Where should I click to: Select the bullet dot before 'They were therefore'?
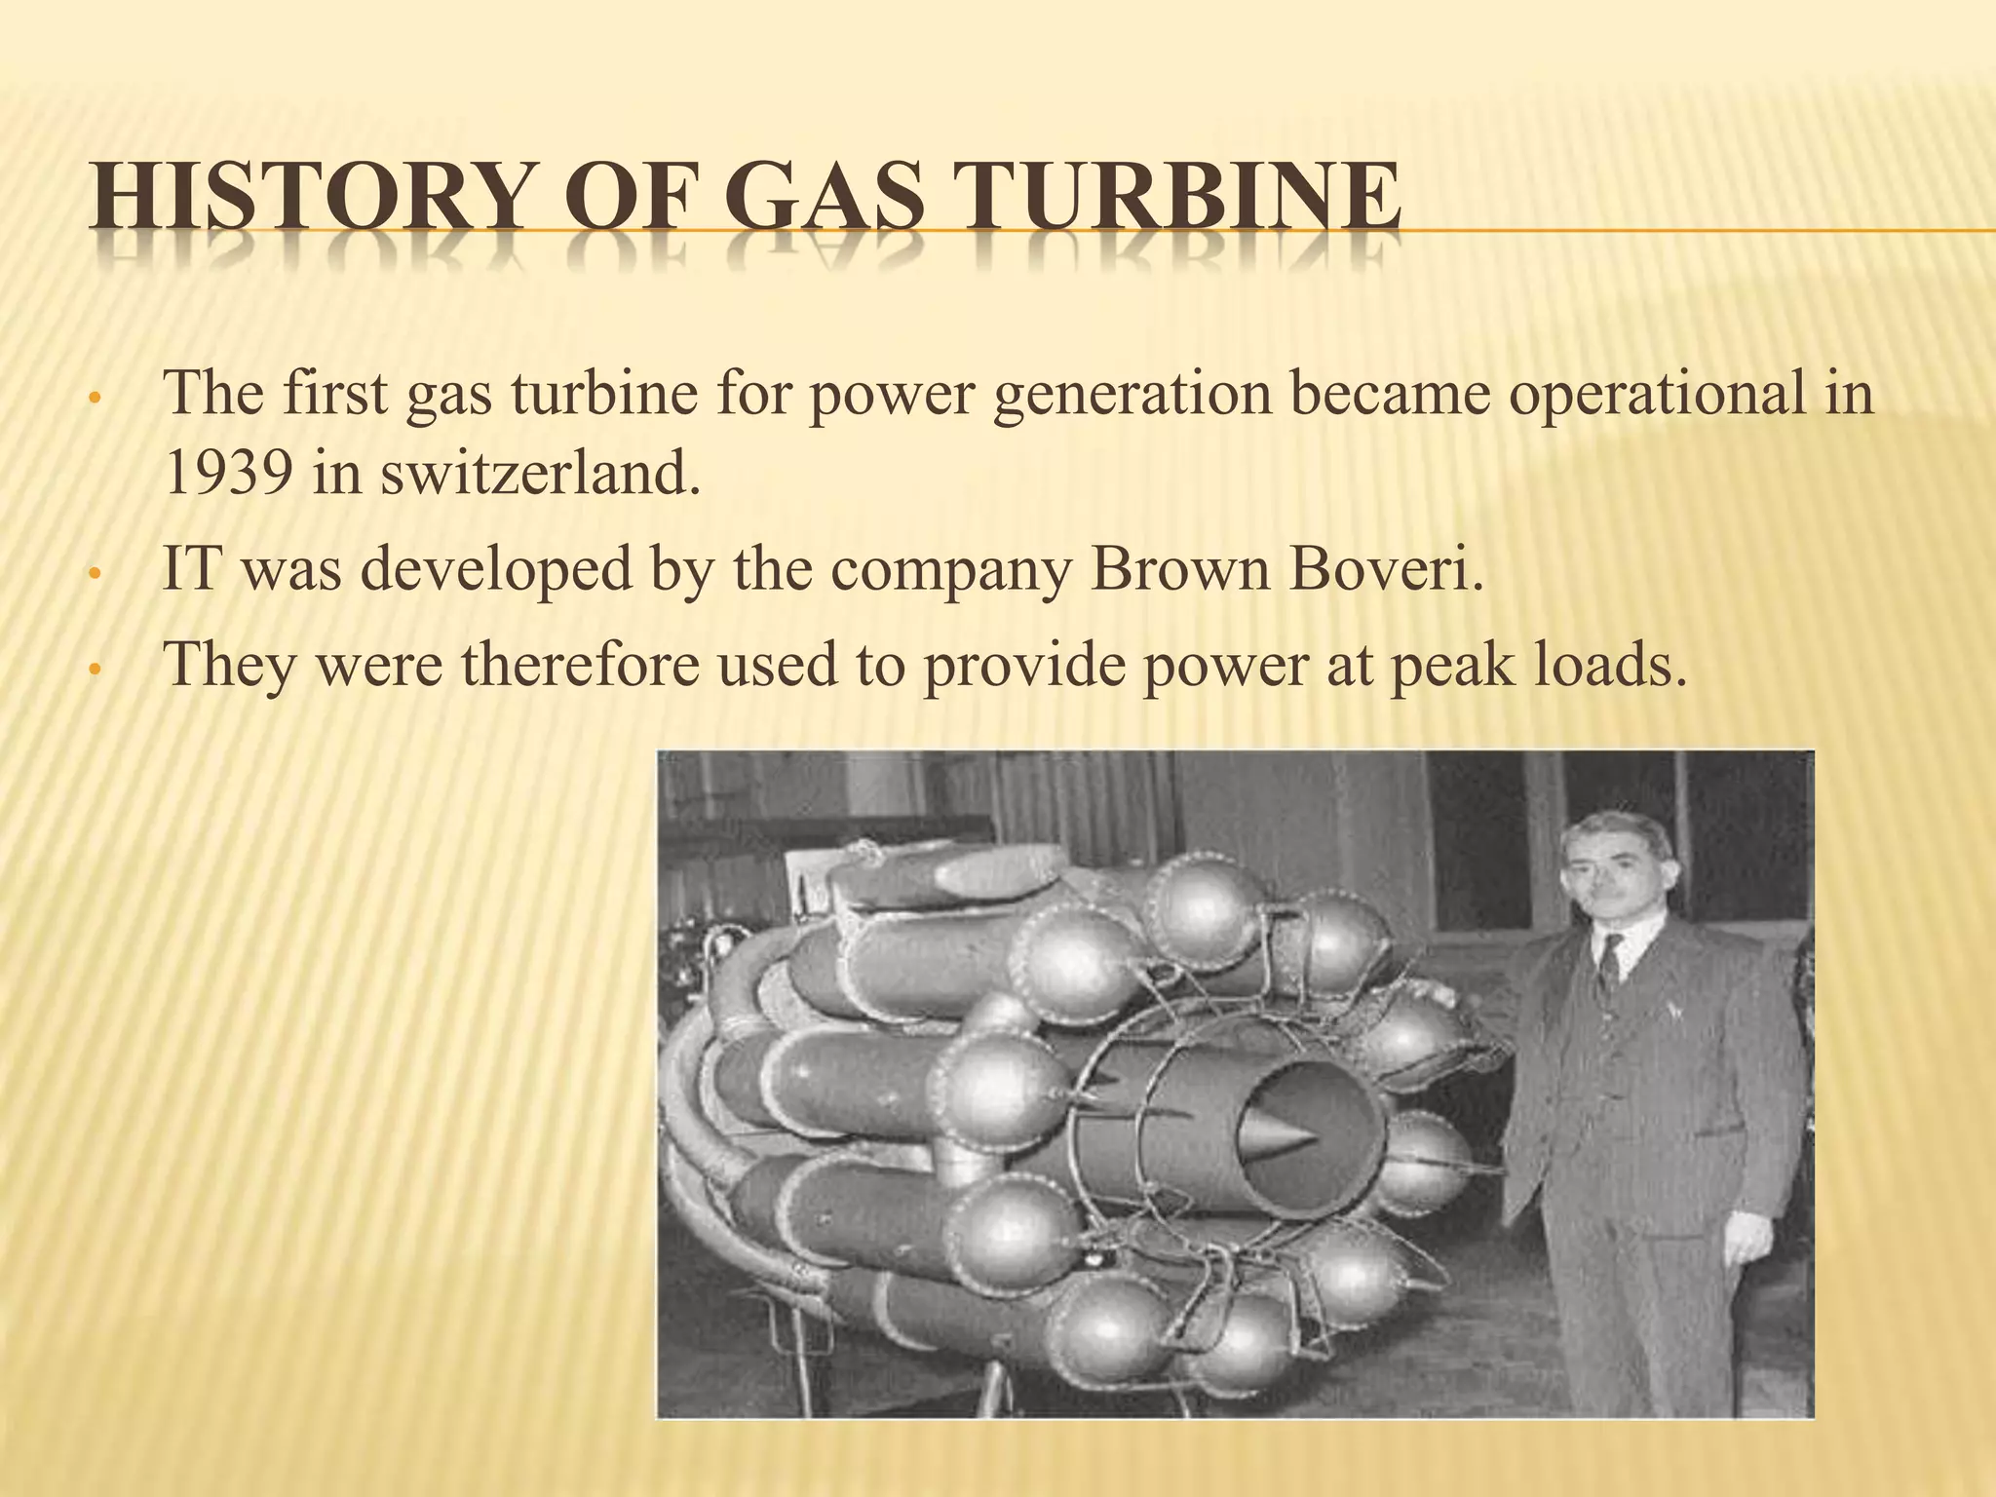(94, 671)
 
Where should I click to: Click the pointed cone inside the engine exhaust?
(1276, 1134)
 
